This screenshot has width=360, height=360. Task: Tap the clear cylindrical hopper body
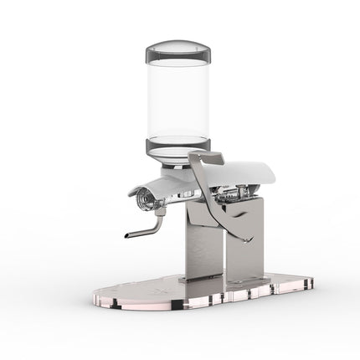[178, 100]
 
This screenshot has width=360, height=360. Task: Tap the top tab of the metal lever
[207, 157]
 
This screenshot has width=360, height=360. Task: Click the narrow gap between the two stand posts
[225, 260]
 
